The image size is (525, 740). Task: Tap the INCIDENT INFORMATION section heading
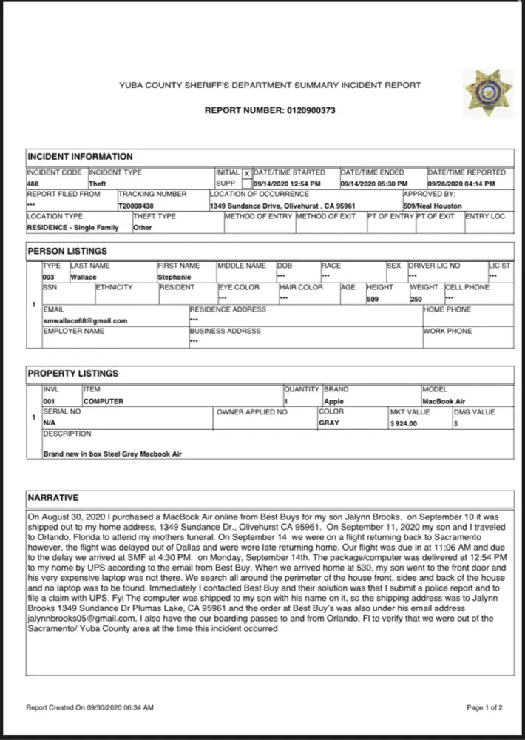point(80,157)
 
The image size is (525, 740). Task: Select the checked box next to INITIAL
point(247,174)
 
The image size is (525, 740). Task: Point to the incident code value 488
point(33,184)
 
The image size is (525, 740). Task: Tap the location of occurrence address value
point(282,206)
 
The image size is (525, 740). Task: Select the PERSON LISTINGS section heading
point(67,252)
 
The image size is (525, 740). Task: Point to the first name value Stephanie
point(175,276)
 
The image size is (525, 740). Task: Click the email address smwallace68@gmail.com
point(85,320)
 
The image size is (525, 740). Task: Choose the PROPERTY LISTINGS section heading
point(72,374)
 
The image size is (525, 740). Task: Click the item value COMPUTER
point(104,401)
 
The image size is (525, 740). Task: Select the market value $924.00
point(404,423)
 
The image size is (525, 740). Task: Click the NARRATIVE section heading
point(52,498)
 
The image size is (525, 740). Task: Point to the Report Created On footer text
point(89,708)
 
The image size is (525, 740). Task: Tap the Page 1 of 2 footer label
point(484,708)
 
